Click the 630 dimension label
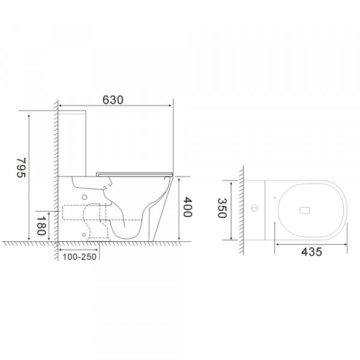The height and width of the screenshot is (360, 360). click(114, 100)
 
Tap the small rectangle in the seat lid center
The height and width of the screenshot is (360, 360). click(304, 209)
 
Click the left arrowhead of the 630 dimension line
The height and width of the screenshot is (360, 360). click(59, 110)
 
